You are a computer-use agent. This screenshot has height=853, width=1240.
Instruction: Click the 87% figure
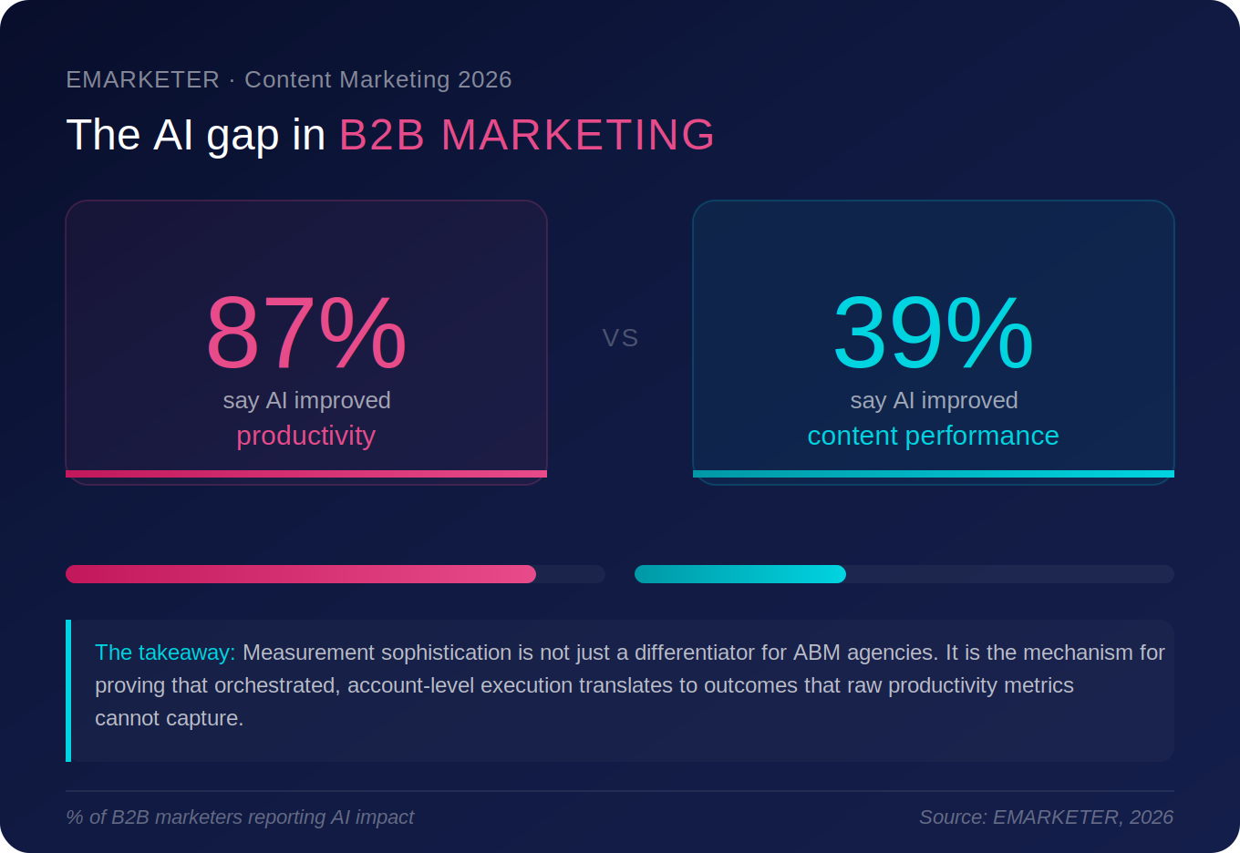pos(305,334)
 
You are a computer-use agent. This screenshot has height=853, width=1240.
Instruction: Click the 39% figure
pos(933,334)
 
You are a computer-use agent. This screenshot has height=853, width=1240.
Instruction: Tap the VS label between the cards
pos(620,338)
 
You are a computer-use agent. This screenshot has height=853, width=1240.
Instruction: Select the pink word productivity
pos(305,436)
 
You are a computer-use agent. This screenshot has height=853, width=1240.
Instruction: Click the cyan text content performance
pos(933,436)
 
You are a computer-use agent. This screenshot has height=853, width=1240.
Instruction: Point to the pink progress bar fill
pos(301,574)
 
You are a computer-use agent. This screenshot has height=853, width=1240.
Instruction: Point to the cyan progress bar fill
pos(740,574)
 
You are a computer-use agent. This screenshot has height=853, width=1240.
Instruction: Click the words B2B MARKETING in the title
pos(526,135)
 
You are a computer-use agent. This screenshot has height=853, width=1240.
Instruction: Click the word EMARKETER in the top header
pos(142,80)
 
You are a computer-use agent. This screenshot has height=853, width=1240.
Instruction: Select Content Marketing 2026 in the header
pos(377,80)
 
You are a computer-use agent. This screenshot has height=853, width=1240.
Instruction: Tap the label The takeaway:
pos(165,653)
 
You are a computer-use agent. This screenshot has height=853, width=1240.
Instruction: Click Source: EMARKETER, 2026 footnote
pos(1046,817)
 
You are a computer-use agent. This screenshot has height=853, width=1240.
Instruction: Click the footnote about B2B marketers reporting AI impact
pos(240,817)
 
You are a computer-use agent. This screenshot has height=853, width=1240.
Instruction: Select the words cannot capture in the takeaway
pos(169,718)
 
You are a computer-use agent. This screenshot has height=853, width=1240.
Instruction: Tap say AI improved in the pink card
pos(306,400)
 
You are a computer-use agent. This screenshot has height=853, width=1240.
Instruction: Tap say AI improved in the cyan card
pos(934,400)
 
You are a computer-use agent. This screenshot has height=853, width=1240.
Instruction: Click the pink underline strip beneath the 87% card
pos(306,474)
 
